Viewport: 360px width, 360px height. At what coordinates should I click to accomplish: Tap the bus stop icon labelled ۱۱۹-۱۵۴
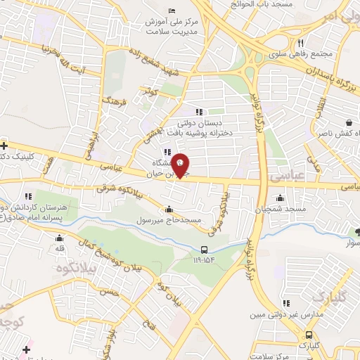pyautogui.click(x=204, y=250)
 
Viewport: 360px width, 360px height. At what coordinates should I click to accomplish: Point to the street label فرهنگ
pyautogui.click(x=113, y=105)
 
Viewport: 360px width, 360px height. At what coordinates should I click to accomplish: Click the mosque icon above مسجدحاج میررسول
pyautogui.click(x=169, y=209)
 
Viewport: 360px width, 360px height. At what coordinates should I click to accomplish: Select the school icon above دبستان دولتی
pyautogui.click(x=199, y=111)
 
